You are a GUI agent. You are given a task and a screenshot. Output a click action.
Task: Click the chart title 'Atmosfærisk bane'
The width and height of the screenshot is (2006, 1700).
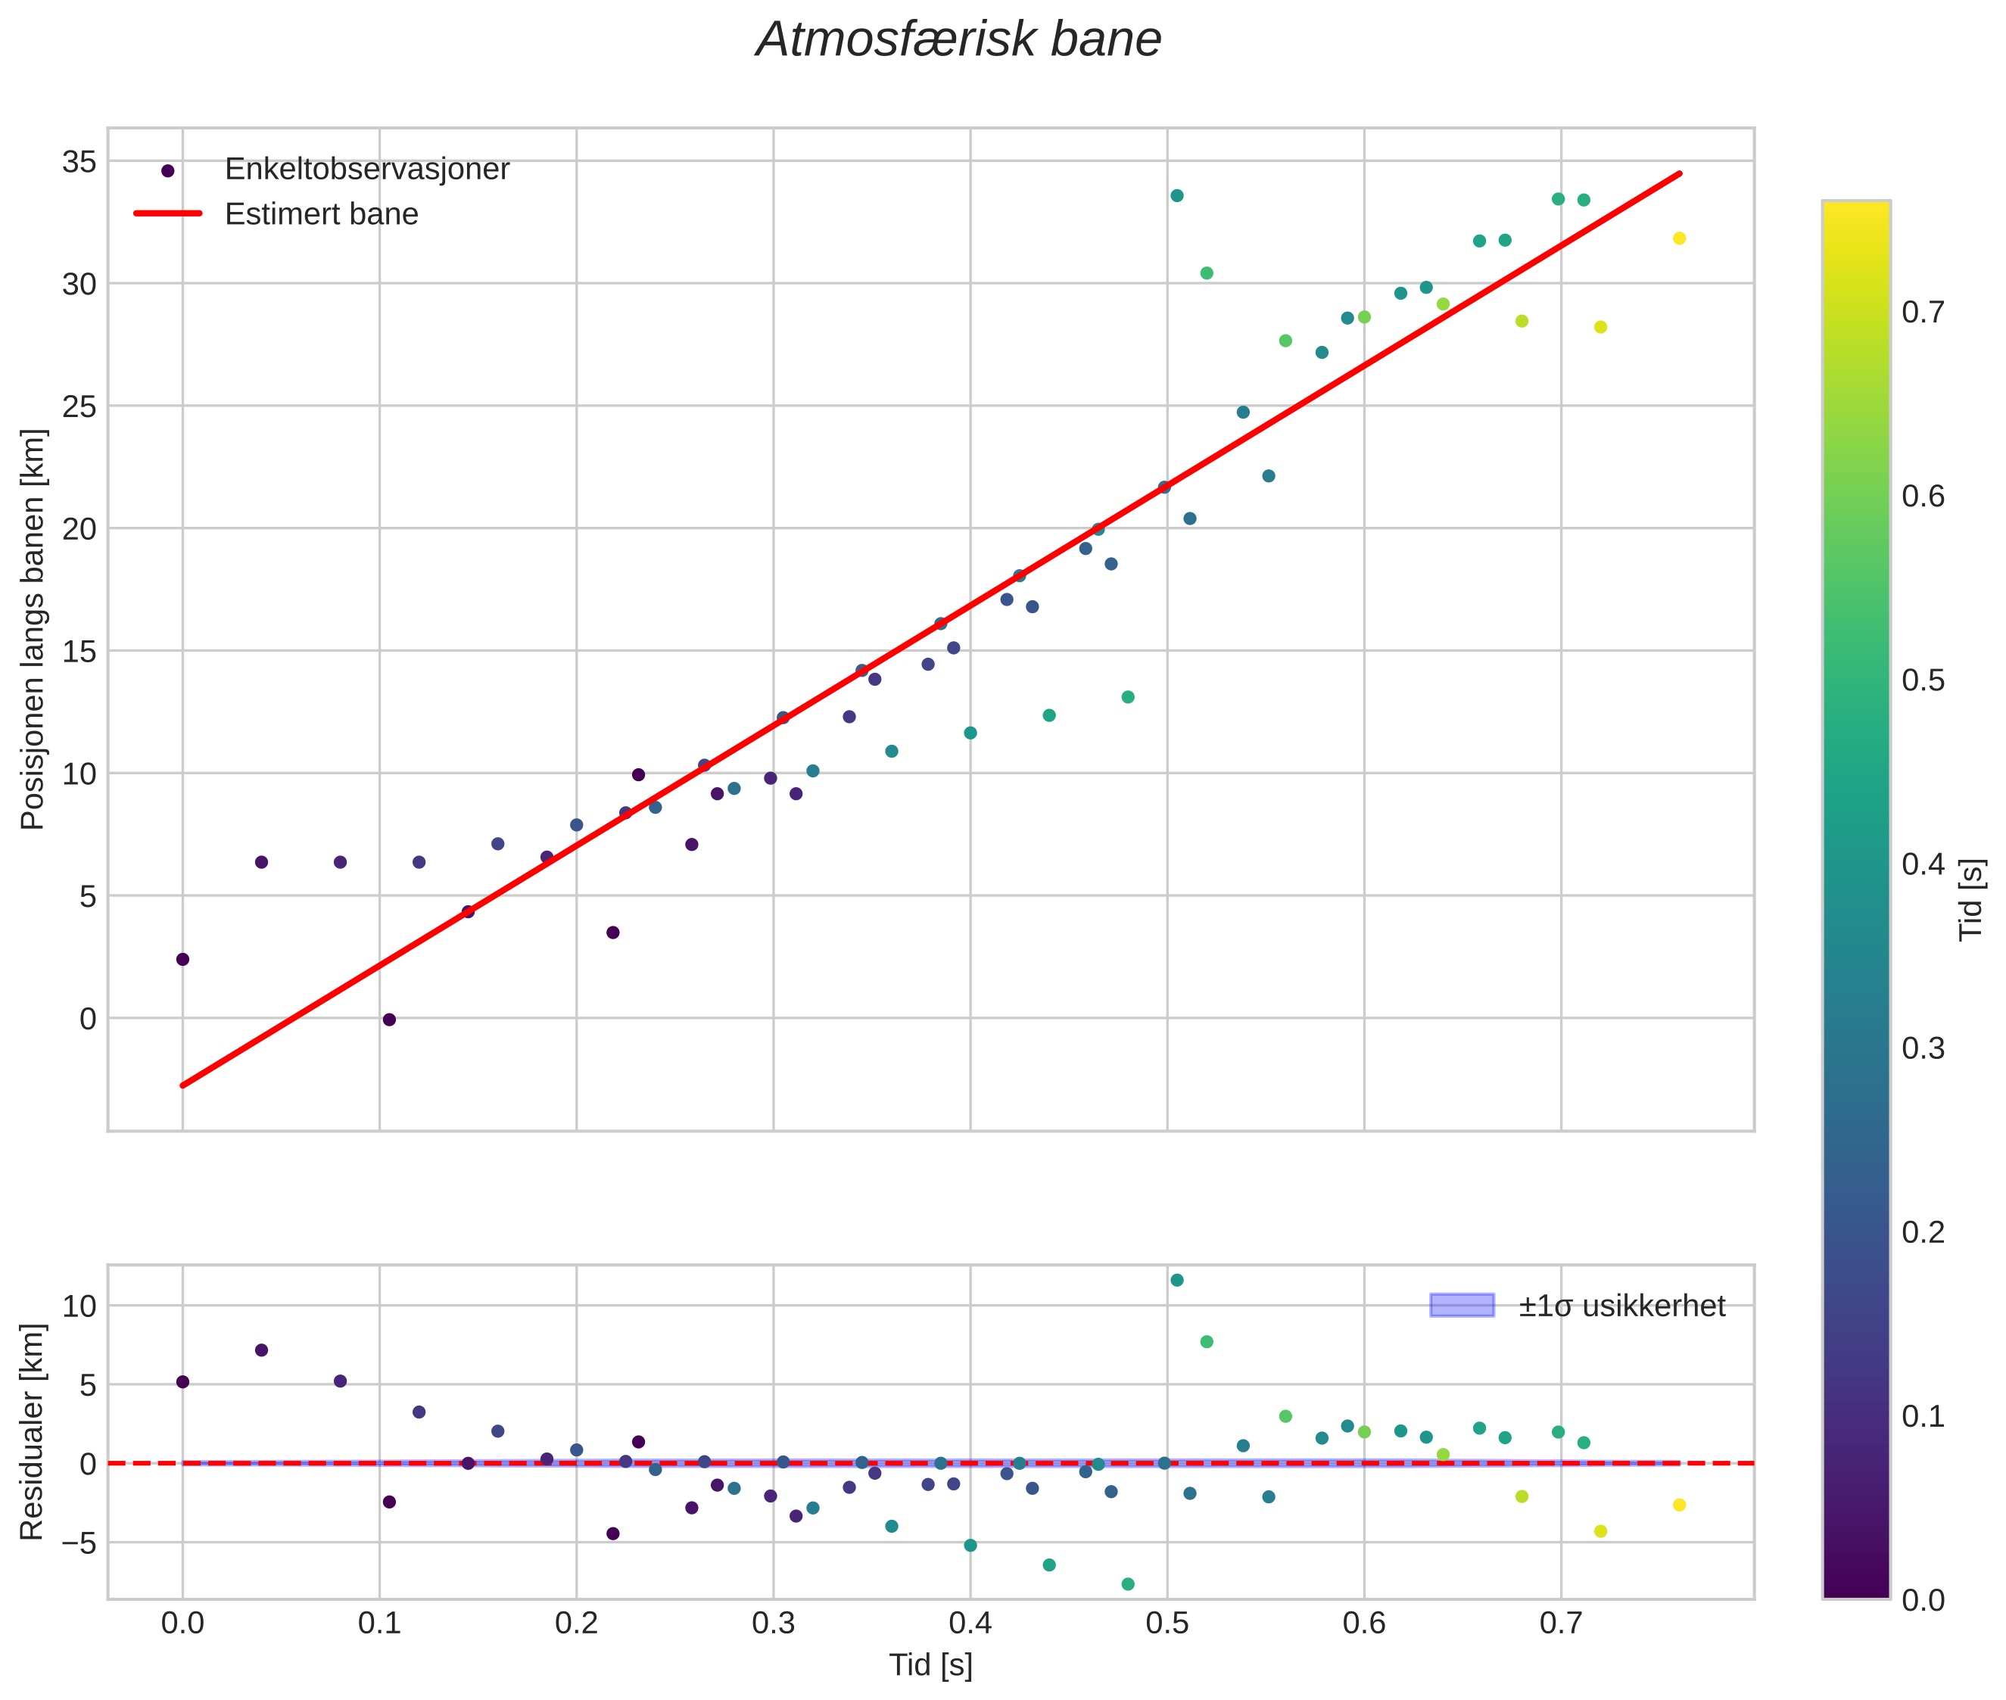(958, 39)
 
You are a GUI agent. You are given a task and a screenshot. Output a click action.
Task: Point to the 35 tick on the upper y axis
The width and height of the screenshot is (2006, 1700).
(79, 161)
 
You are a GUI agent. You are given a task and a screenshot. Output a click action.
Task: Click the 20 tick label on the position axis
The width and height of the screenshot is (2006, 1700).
(79, 528)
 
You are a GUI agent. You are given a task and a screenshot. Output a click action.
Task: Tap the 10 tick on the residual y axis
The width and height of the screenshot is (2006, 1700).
(79, 1306)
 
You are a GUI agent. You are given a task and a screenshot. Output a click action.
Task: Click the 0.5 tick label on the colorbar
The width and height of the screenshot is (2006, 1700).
(1923, 680)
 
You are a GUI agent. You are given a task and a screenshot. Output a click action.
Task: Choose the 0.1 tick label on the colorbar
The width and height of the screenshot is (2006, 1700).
(1923, 1415)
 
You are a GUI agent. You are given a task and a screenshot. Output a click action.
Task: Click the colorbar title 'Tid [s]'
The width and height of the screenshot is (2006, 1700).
(1971, 899)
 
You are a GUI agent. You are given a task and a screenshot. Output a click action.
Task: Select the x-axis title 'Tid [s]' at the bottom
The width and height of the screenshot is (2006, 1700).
(930, 1664)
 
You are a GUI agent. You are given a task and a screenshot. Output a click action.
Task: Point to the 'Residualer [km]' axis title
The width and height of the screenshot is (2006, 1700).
(32, 1432)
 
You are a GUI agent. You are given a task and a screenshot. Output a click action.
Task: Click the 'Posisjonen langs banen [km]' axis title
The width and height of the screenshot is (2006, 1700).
(32, 629)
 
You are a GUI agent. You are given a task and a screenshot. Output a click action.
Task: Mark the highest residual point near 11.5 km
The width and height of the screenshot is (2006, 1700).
(1176, 1280)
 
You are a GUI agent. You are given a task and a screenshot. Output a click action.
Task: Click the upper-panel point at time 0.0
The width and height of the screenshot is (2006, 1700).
(182, 959)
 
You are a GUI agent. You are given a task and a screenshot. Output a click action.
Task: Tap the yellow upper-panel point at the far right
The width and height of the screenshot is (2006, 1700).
(1679, 238)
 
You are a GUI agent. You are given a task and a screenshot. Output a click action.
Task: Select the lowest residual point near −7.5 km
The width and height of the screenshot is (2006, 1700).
(1128, 1583)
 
